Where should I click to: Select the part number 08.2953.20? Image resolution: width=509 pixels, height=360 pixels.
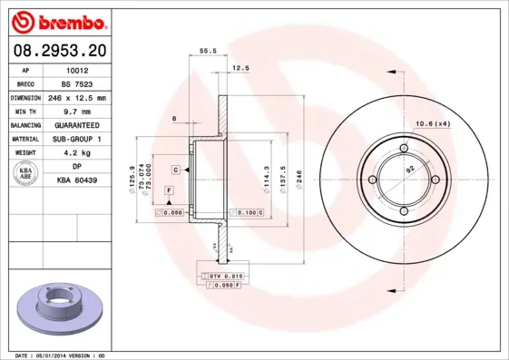point(57,52)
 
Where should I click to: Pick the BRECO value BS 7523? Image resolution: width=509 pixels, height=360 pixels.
point(77,83)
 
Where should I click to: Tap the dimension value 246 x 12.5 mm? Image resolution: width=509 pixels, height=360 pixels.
point(77,97)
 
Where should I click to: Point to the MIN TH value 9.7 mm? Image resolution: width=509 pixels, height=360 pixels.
point(77,111)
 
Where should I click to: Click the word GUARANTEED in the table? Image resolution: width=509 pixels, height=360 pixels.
point(77,125)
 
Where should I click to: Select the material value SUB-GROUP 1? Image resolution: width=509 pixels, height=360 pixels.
point(77,139)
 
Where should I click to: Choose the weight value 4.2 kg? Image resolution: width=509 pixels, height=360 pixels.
point(77,153)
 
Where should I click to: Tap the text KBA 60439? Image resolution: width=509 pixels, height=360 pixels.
point(77,181)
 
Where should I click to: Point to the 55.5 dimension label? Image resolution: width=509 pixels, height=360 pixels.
point(207,52)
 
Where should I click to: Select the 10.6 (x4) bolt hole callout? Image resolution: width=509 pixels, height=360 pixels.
point(433,123)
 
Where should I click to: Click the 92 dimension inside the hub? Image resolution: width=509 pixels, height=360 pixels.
point(409,170)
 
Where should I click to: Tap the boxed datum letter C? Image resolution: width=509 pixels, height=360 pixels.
point(176,170)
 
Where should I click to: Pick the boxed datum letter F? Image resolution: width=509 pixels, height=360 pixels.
point(168,190)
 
